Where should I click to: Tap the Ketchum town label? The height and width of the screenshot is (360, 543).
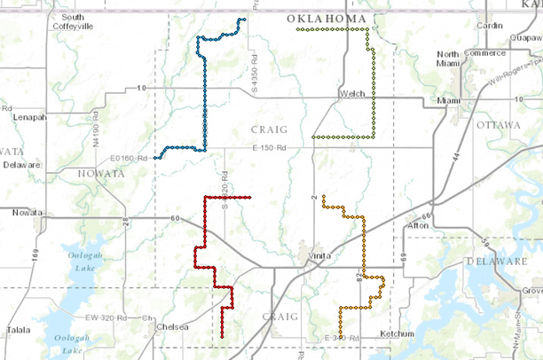click(395, 333)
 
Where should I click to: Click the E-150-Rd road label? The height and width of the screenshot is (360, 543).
click(271, 146)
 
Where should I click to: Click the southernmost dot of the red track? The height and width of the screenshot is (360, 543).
click(222, 337)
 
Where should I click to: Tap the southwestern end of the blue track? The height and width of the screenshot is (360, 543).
click(155, 158)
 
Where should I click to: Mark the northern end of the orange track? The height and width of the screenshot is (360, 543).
click(324, 196)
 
